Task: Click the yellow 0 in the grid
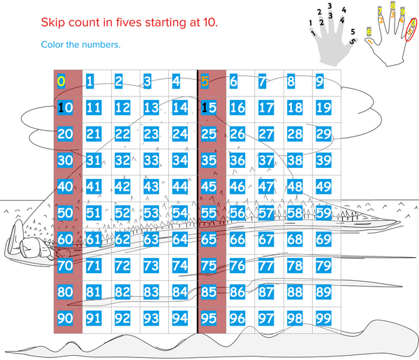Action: point(61,82)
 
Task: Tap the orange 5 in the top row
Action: point(205,82)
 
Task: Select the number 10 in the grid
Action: point(65,108)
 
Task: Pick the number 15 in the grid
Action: point(208,108)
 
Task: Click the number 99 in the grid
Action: point(323,319)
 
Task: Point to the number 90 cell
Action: point(65,319)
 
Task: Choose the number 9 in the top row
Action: point(319,82)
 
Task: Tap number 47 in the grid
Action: point(265,187)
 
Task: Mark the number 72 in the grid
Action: point(122,266)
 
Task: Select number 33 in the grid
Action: point(151,160)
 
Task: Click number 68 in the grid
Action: point(294,239)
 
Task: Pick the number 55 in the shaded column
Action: point(208,213)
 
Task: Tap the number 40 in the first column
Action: point(65,187)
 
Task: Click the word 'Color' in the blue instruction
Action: point(54,45)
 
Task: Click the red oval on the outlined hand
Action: point(411,30)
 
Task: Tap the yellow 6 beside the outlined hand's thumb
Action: point(369,31)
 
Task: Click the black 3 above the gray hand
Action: point(329,6)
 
